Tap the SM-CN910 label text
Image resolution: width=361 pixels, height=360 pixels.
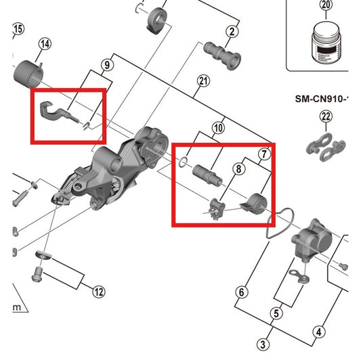coord(321,99)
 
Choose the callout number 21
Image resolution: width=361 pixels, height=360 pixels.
coord(202,82)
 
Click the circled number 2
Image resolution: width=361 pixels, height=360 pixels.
coord(232,31)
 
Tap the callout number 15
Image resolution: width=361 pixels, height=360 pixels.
coord(18,28)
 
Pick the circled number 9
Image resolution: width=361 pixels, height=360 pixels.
coord(106,66)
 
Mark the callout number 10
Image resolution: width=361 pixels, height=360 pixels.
coord(218,127)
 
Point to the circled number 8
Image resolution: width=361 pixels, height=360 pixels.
coord(238,169)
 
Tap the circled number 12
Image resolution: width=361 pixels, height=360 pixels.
coord(99,292)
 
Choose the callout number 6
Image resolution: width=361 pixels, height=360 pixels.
coord(240,292)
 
